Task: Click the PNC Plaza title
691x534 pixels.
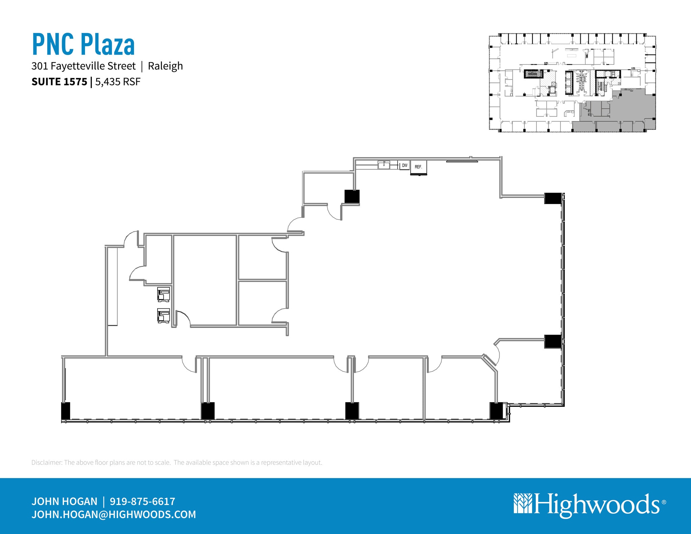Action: (x=83, y=44)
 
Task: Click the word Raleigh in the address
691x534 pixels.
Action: (x=165, y=66)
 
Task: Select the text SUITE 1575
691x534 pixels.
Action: (x=59, y=82)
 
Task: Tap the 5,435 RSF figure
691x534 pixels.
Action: (x=117, y=82)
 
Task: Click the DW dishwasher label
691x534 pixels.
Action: (x=404, y=166)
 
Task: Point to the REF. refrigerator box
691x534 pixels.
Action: (x=418, y=167)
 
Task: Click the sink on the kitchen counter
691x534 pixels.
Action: (x=384, y=165)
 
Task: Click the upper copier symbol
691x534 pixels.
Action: (x=164, y=294)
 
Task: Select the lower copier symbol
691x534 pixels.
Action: (x=164, y=316)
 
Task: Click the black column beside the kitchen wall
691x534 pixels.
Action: (x=352, y=197)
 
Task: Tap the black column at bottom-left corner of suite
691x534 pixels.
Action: (x=65, y=411)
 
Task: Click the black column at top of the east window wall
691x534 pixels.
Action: (x=553, y=198)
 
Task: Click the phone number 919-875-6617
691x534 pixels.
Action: (x=142, y=501)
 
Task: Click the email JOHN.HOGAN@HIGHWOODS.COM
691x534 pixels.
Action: (x=114, y=514)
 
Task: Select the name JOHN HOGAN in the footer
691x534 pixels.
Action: (x=64, y=501)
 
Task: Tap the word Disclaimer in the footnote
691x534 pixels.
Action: (x=47, y=462)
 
